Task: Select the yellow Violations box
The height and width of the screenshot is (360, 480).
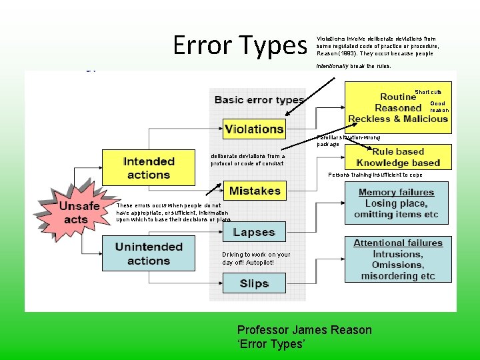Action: (x=254, y=129)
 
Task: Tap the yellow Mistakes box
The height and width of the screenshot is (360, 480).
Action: (x=255, y=191)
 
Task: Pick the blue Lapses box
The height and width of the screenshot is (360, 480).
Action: (x=254, y=232)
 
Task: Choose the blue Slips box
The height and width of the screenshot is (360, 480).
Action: (x=254, y=283)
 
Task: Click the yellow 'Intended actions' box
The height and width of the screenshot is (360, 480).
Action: (x=149, y=168)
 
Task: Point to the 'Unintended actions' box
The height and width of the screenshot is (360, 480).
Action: (x=149, y=253)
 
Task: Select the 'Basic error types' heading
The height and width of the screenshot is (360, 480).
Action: (x=259, y=100)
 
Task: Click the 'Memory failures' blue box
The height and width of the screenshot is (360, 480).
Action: (x=397, y=203)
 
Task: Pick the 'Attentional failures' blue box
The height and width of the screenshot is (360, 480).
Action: (x=398, y=259)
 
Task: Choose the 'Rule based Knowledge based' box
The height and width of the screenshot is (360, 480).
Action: (x=398, y=157)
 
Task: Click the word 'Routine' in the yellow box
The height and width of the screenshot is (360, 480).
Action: (x=398, y=97)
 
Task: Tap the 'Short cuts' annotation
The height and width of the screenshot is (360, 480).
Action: (x=428, y=92)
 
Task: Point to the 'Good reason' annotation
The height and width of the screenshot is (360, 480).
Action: (x=438, y=107)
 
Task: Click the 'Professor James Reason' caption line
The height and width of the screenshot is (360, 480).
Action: (x=305, y=330)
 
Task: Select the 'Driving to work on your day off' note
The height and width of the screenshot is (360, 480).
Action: (x=256, y=258)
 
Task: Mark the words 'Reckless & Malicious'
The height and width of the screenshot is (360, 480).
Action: (x=398, y=119)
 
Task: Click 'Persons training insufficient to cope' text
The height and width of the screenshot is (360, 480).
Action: (x=375, y=175)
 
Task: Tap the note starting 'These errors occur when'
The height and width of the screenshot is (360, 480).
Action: (x=173, y=213)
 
